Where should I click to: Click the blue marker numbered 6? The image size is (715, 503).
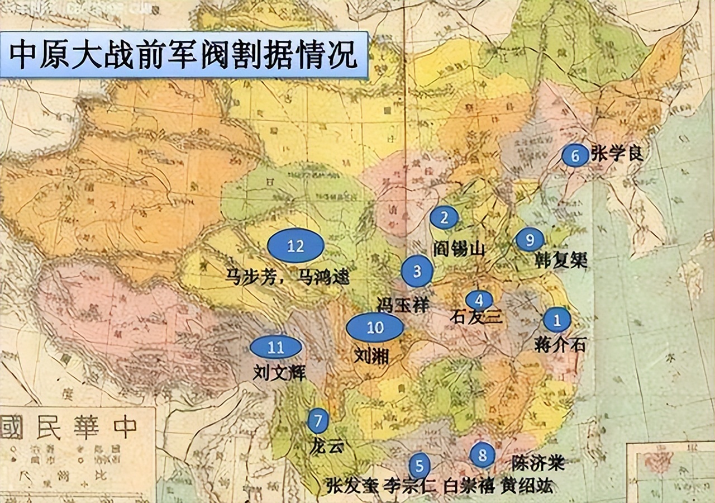(x=575, y=155)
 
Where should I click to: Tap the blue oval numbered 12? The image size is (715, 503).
(x=295, y=245)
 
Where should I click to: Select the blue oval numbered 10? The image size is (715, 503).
(x=375, y=328)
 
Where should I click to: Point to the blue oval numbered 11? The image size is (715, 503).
(x=276, y=347)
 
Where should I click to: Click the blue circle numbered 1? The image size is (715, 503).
(x=557, y=320)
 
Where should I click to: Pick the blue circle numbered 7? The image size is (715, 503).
(x=318, y=420)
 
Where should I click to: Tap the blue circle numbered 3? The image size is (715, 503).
(x=417, y=271)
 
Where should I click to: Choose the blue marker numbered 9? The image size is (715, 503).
(x=530, y=240)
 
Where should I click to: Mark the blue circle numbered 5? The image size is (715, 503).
(x=419, y=466)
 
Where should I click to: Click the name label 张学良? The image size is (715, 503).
(x=617, y=154)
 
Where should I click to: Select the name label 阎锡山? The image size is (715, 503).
(x=459, y=249)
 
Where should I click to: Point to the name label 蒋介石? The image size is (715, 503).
(x=560, y=344)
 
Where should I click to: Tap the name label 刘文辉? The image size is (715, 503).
(x=279, y=372)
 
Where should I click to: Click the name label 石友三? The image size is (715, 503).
(x=476, y=317)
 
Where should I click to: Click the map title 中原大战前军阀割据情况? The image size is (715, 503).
(x=184, y=54)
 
